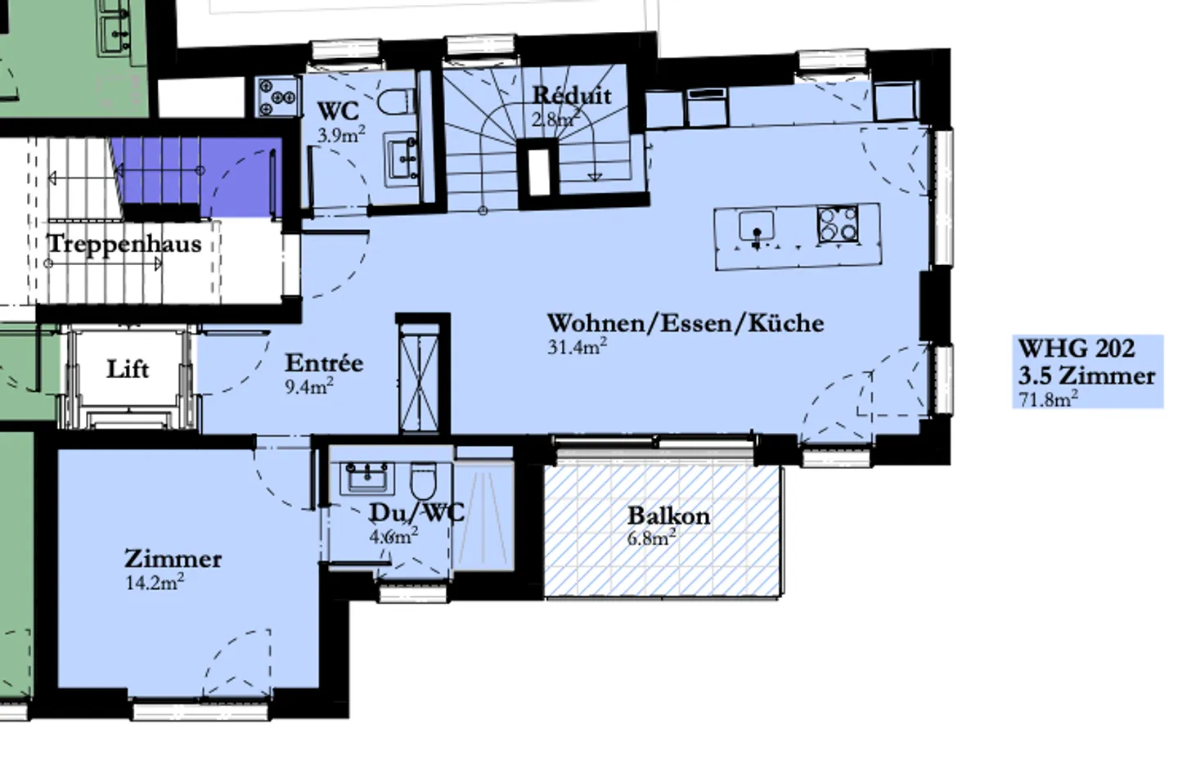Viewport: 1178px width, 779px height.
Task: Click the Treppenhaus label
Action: (124, 244)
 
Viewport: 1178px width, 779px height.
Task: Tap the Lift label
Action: (128, 369)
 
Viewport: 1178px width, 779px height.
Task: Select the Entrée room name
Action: (324, 362)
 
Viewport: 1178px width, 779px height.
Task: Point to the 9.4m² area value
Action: (308, 386)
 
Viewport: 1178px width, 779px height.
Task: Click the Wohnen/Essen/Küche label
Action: (685, 322)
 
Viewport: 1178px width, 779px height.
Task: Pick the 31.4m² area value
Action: (577, 346)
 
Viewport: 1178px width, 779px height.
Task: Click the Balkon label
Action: (668, 516)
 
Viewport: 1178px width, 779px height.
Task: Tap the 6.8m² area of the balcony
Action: (651, 538)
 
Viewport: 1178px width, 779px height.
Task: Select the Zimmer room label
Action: (173, 559)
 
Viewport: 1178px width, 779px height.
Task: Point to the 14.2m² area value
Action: (154, 583)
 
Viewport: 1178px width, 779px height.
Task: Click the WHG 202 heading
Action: (1076, 349)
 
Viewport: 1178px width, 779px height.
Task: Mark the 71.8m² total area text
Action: (1048, 399)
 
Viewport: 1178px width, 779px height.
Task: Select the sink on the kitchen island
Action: (757, 225)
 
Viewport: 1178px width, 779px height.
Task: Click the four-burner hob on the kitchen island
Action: (838, 225)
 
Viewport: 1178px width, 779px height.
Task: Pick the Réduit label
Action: (571, 95)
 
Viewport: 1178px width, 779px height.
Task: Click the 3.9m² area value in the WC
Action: (340, 135)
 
